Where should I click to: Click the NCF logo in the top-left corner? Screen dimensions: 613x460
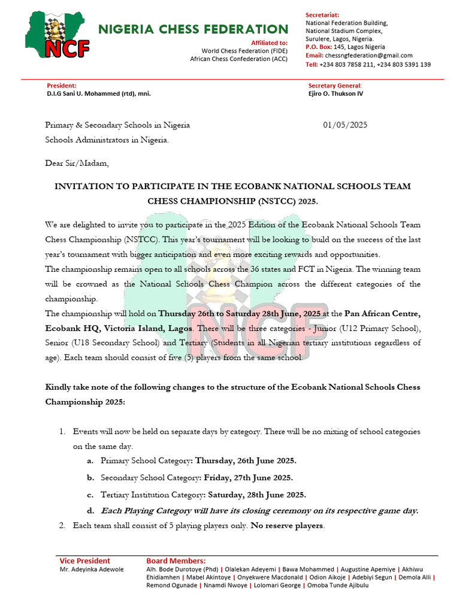tap(57, 37)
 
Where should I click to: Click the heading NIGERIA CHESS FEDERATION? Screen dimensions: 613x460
tap(193, 29)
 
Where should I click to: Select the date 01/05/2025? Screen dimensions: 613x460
tap(345, 125)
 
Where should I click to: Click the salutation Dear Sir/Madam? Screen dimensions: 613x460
tap(77, 163)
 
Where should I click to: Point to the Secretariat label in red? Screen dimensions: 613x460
tap(326, 14)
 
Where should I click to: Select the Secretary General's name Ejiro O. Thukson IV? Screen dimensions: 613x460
tap(335, 94)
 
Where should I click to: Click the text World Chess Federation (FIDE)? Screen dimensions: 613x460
tap(244, 51)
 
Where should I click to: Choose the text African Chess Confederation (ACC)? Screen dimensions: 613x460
tap(238, 59)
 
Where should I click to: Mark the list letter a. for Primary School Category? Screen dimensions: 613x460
tap(90, 461)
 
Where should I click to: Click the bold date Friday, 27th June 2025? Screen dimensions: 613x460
tap(248, 478)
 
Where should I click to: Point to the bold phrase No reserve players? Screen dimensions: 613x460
tap(287, 526)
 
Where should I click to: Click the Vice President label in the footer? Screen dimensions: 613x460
tap(84, 561)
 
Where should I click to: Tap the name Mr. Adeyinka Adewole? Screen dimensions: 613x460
tap(92, 569)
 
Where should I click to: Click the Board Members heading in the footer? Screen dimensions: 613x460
tap(176, 561)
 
